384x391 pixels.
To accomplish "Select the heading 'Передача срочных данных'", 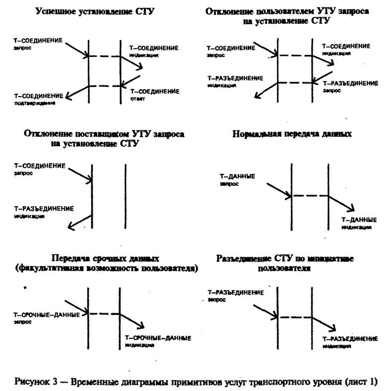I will tap(105, 258).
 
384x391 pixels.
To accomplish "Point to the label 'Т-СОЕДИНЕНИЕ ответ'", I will tap(154, 95).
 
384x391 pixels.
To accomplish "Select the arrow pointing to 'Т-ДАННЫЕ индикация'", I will tap(341, 203).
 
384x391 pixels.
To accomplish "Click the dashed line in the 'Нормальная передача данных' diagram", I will tap(310, 196).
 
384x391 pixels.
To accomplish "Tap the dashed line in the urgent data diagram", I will tap(104, 313).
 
